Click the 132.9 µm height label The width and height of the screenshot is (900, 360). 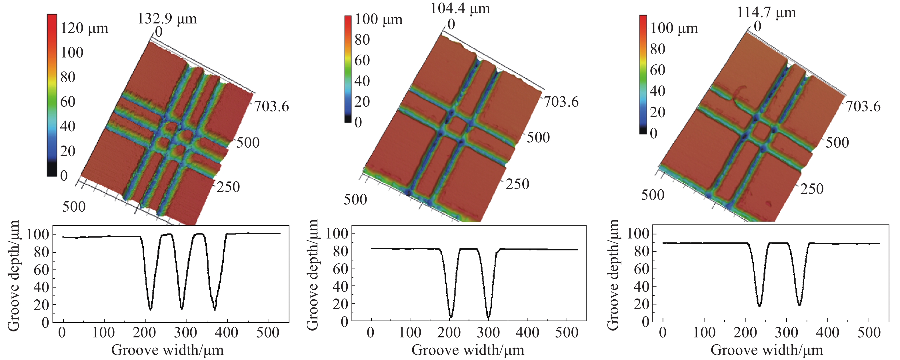(x=167, y=19)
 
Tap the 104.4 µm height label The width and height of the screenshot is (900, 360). (x=460, y=8)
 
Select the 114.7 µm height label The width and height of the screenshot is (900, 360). (x=766, y=13)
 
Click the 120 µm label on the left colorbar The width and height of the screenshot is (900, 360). (x=84, y=28)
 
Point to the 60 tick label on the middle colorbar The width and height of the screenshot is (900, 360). (x=362, y=60)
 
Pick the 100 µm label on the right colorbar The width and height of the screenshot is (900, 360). (x=674, y=28)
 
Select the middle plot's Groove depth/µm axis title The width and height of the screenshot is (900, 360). (x=312, y=275)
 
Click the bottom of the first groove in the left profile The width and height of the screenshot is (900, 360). (x=150, y=309)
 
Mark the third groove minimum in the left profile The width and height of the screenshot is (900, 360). (x=215, y=309)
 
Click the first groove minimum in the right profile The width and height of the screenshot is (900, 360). (x=759, y=306)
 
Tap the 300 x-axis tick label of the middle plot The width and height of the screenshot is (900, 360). (x=488, y=332)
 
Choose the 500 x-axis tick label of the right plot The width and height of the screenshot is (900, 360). (x=869, y=332)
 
